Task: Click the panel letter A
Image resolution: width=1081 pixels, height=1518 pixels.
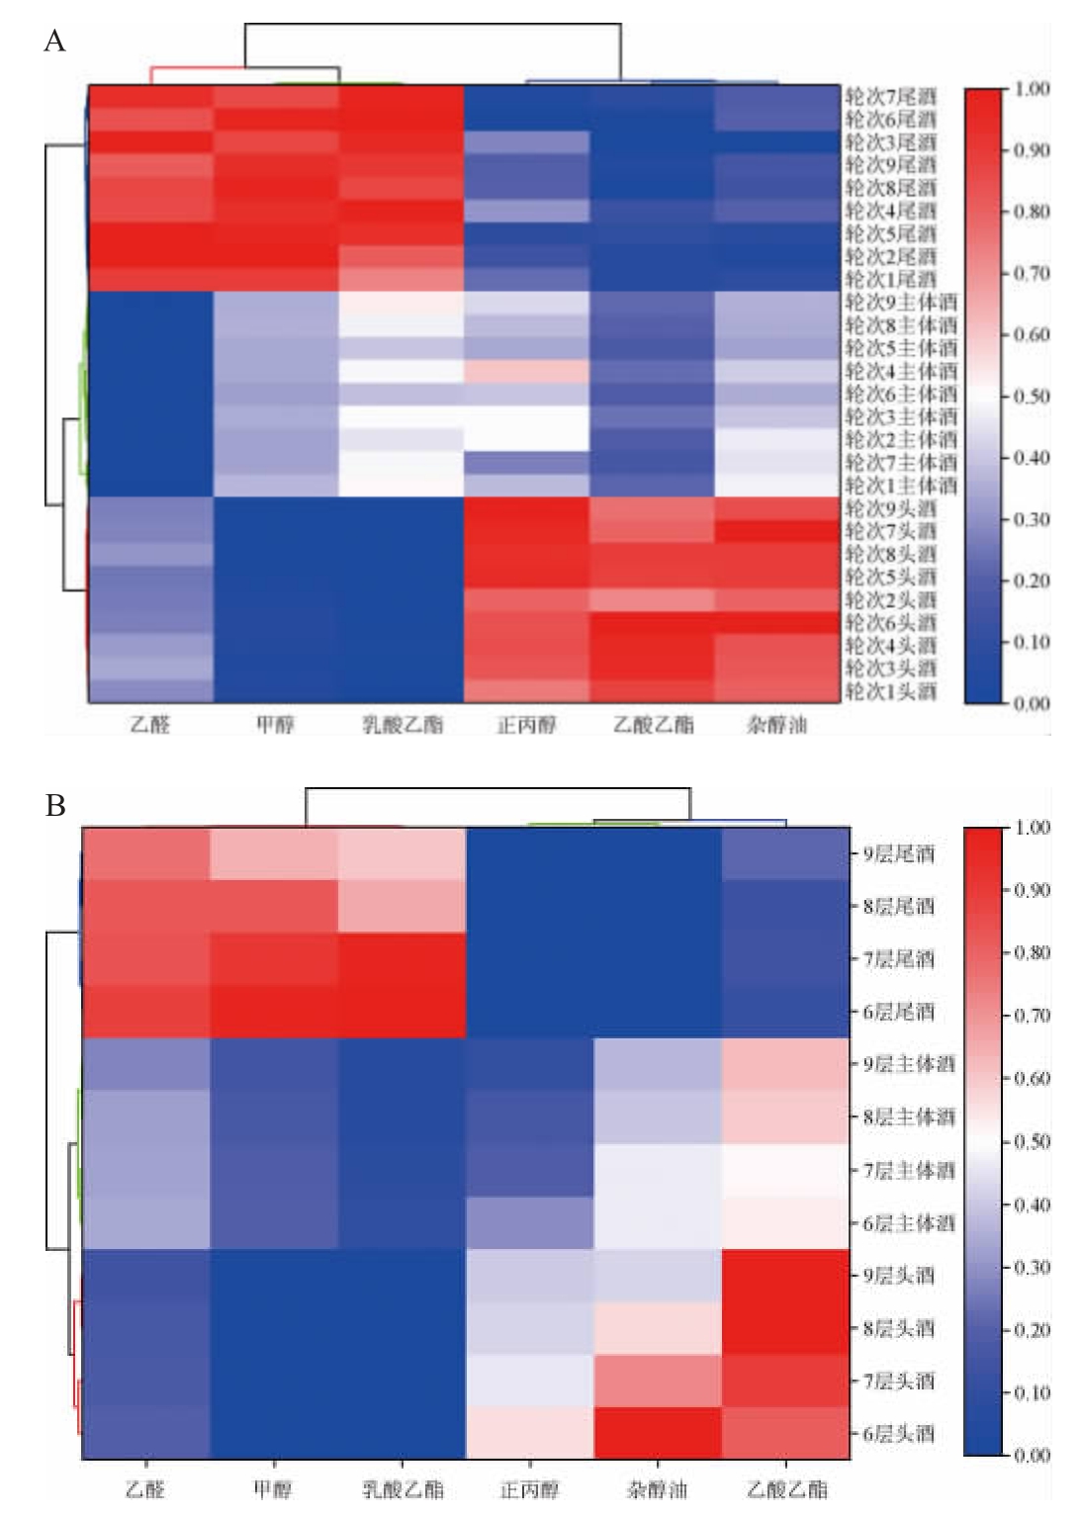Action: click(54, 42)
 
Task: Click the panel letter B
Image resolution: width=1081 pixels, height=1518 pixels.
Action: click(54, 806)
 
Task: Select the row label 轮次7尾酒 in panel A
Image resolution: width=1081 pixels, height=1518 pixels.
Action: click(889, 97)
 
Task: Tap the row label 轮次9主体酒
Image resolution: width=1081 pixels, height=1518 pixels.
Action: click(900, 302)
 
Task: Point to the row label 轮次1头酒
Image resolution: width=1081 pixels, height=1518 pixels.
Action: click(889, 691)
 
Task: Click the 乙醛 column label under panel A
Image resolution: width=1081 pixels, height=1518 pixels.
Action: click(150, 725)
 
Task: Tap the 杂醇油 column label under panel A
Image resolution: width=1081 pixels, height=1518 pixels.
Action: click(776, 725)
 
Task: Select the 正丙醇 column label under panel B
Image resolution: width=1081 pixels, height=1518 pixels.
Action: click(529, 1489)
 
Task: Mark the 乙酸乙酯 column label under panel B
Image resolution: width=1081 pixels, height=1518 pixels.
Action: click(786, 1489)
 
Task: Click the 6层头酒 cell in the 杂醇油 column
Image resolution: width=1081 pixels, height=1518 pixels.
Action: click(658, 1434)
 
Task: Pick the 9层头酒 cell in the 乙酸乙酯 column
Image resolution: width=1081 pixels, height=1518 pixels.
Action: click(786, 1276)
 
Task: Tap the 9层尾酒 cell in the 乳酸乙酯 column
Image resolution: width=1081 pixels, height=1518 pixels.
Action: click(402, 853)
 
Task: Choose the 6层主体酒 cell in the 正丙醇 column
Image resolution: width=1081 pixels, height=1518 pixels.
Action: click(529, 1223)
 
